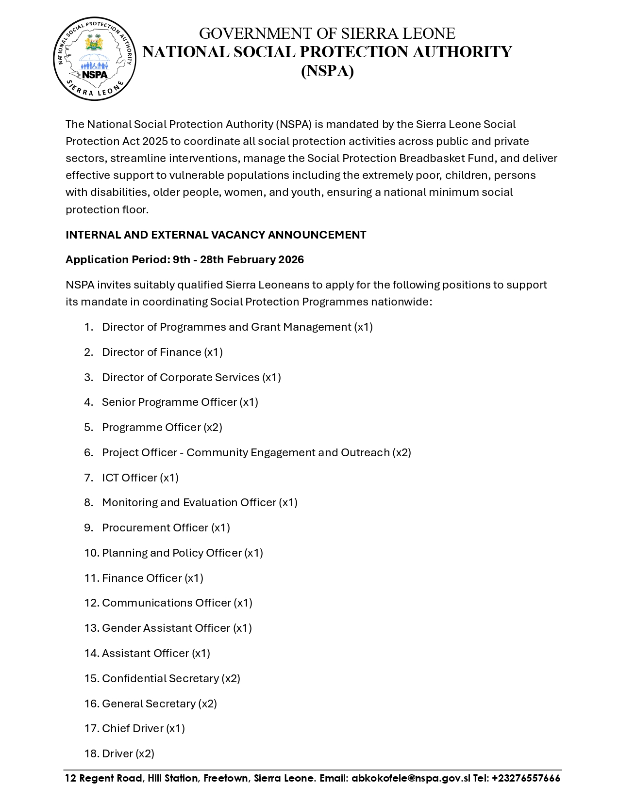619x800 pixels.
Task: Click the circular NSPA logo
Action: click(94, 59)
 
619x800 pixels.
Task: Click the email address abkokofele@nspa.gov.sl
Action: click(411, 778)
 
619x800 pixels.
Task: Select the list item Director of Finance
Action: click(162, 352)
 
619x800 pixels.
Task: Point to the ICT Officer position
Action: click(140, 478)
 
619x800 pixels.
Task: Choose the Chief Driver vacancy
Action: click(143, 729)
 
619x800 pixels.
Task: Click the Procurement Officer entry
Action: click(166, 528)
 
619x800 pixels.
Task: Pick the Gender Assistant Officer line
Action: click(177, 628)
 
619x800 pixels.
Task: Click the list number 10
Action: click(91, 553)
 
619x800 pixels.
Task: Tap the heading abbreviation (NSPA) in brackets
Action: click(327, 71)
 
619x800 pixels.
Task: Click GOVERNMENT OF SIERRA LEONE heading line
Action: click(327, 33)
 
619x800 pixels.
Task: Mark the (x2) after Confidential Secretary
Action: click(231, 679)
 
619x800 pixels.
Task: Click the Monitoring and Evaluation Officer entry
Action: click(200, 503)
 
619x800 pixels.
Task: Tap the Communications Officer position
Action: click(177, 603)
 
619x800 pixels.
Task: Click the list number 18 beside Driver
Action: click(91, 754)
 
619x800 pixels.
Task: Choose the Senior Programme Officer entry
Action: click(180, 402)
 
